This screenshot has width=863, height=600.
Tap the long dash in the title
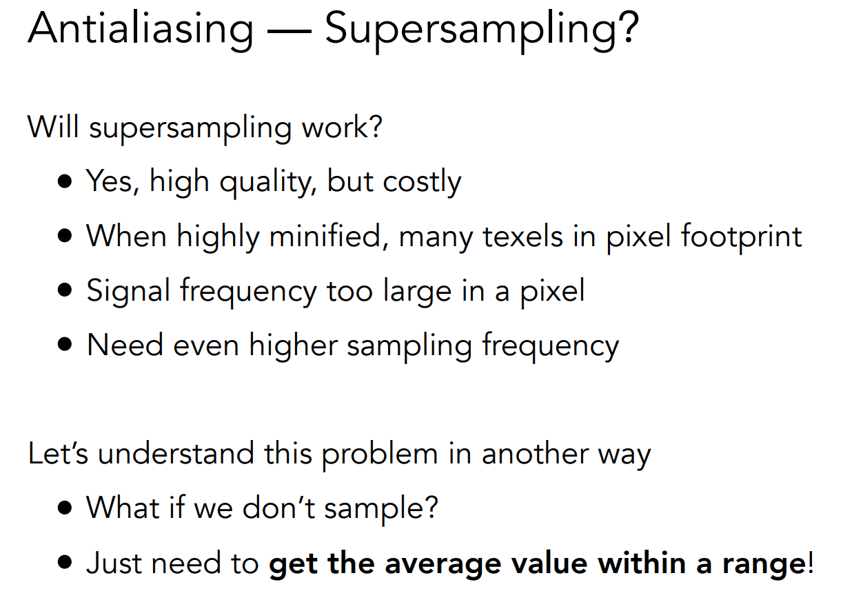click(x=290, y=32)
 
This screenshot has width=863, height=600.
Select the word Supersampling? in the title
click(x=482, y=32)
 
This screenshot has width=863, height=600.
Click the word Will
click(x=53, y=127)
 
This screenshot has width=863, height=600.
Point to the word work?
click(x=342, y=127)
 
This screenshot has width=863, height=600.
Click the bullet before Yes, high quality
click(x=64, y=181)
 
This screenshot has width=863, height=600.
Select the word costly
click(x=422, y=183)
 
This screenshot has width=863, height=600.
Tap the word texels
click(x=522, y=237)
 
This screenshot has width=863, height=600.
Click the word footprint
click(x=742, y=237)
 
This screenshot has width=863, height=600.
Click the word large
click(x=417, y=292)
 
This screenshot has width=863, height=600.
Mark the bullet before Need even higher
click(x=64, y=344)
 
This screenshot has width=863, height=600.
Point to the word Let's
click(x=58, y=454)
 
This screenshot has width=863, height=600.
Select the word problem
click(x=380, y=454)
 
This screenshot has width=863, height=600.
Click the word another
click(x=535, y=454)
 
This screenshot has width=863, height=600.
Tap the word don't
click(x=279, y=508)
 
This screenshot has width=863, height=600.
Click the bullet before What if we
click(x=64, y=508)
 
